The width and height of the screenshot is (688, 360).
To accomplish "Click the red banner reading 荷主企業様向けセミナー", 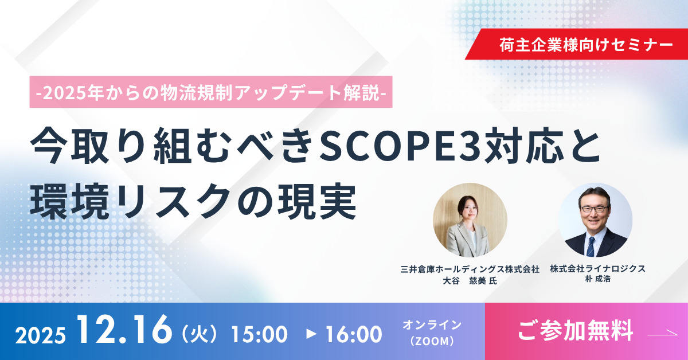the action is tap(577, 44).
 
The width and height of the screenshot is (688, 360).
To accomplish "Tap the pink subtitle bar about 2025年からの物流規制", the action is tap(211, 92).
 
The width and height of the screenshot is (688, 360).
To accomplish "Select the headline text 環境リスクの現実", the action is tap(193, 201).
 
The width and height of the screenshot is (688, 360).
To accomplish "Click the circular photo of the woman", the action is tap(470, 220).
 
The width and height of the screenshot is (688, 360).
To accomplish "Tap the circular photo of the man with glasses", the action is tap(595, 220).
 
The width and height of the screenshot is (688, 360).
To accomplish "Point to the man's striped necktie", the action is tap(591, 246).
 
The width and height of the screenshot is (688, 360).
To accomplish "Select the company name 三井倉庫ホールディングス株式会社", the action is tap(470, 269).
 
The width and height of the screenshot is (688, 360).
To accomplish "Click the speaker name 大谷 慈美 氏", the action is tap(470, 281).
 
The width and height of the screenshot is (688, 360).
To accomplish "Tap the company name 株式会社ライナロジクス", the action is tap(597, 269).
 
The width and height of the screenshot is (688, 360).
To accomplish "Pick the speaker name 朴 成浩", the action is tap(597, 279).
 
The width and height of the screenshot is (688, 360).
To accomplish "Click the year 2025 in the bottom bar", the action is tap(40, 335).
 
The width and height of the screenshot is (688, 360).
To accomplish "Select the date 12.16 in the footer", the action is tap(125, 330).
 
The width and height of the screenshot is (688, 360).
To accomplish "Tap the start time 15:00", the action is tap(260, 335).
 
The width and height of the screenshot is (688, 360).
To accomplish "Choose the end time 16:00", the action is tap(354, 335).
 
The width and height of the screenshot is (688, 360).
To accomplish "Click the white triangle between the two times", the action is tap(311, 334).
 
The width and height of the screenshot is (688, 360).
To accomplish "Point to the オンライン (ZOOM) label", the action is tap(432, 333).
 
